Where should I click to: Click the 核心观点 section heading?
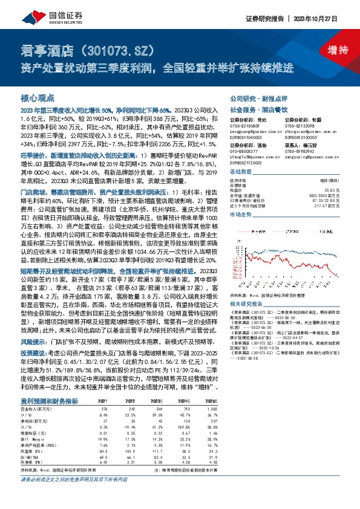pos(38,97)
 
